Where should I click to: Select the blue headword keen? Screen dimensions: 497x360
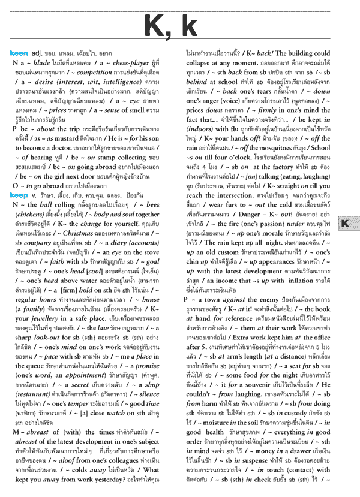tap(19, 53)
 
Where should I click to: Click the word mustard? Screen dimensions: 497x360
tap(63, 137)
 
